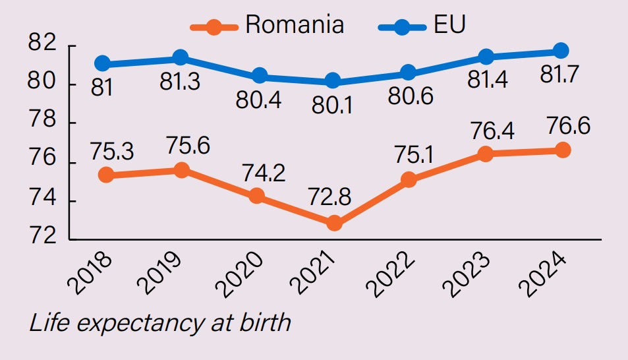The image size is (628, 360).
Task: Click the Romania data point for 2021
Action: [334, 223]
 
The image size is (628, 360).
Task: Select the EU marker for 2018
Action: [102, 64]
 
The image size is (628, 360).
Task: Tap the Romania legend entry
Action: [268, 26]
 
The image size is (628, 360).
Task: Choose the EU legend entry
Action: [422, 26]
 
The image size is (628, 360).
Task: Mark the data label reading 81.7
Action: [559, 75]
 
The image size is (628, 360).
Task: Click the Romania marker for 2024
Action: [562, 150]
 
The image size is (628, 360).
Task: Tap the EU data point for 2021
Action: [333, 81]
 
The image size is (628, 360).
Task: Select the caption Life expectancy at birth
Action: [159, 322]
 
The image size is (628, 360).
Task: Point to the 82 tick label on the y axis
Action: [42, 45]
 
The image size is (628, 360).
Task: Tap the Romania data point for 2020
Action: [257, 196]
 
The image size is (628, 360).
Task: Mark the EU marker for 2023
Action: [486, 57]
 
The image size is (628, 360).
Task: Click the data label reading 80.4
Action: [258, 100]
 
